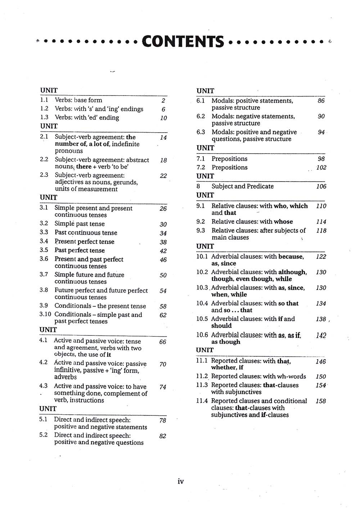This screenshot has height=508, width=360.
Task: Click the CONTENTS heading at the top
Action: pyautogui.click(x=183, y=41)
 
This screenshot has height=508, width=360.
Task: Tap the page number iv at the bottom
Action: pyautogui.click(x=181, y=481)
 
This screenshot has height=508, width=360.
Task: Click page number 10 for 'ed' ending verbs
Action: pyautogui.click(x=163, y=118)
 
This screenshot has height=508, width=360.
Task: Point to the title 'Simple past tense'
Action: pyautogui.click(x=80, y=224)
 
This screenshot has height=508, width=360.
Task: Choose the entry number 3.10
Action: pyautogui.click(x=45, y=314)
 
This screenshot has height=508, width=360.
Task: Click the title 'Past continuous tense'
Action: pyautogui.click(x=86, y=233)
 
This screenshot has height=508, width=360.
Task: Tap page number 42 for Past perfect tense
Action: pyautogui.click(x=163, y=251)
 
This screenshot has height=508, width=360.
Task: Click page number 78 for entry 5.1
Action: pyautogui.click(x=163, y=420)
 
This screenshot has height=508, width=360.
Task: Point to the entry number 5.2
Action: pyautogui.click(x=43, y=435)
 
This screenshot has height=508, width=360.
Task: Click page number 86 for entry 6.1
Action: pyautogui.click(x=321, y=101)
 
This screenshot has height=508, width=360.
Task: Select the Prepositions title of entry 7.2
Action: pyautogui.click(x=229, y=168)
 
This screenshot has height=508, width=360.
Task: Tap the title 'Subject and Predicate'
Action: pyautogui.click(x=242, y=186)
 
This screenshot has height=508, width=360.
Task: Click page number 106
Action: pyautogui.click(x=321, y=186)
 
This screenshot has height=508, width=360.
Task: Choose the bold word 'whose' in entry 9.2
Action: pyautogui.click(x=283, y=222)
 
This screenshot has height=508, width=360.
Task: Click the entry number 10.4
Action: pyautogui.click(x=202, y=303)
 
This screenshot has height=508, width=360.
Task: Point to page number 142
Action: pyautogui.click(x=321, y=335)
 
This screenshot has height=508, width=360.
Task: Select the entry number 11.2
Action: pyautogui.click(x=202, y=376)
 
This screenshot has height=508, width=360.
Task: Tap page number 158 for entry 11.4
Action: pyautogui.click(x=320, y=401)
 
